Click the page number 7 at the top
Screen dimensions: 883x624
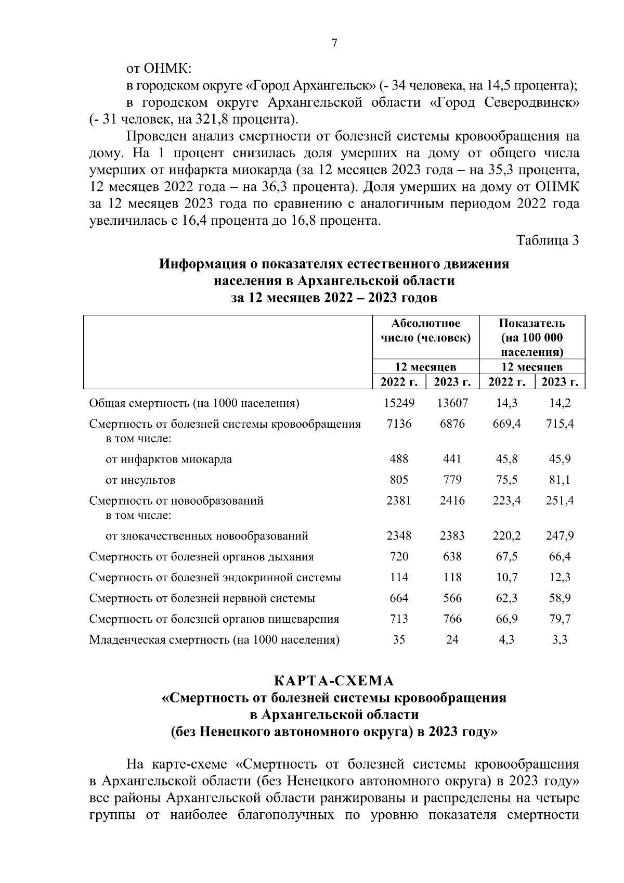coord(334,44)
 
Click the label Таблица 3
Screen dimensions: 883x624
coord(547,240)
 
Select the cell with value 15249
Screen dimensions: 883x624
coord(399,403)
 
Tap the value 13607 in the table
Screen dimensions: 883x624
coord(452,403)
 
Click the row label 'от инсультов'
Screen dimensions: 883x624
coord(140,480)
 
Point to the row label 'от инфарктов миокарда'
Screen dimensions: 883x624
coord(168,459)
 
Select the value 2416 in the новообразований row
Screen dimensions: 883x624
coord(452,501)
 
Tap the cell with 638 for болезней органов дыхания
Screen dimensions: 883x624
coord(452,556)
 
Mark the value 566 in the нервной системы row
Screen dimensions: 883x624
coord(452,598)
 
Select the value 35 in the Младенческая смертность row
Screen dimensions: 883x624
coord(399,639)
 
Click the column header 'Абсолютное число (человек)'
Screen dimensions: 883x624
coord(425,330)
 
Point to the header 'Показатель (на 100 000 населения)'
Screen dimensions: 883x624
coord(531,337)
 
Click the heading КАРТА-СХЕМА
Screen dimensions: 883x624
coord(334,681)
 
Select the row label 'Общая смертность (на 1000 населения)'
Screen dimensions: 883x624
coord(194,403)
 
